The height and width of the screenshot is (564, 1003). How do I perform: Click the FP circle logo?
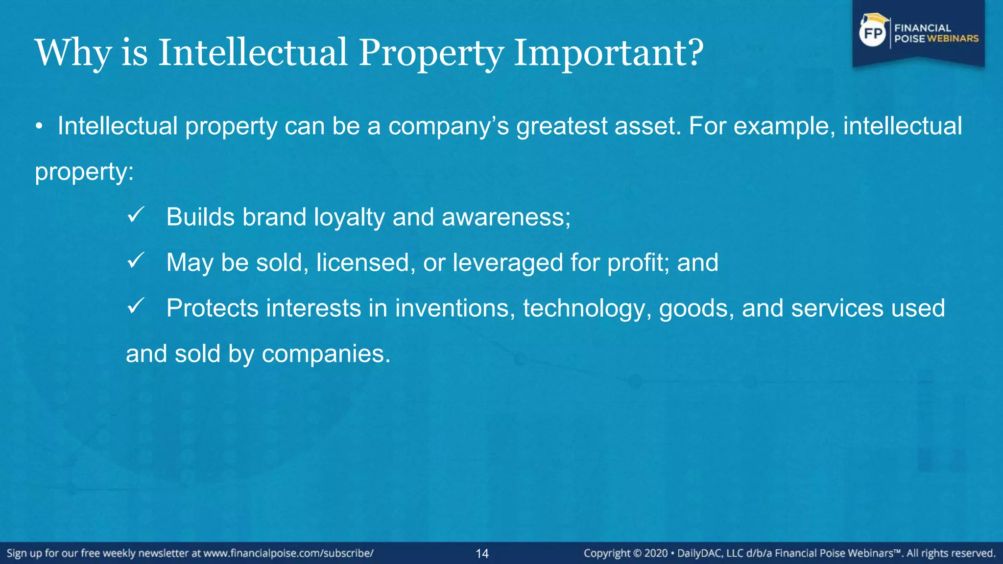click(873, 33)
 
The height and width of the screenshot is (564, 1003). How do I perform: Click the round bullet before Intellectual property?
click(39, 127)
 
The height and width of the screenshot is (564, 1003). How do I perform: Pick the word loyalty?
click(349, 217)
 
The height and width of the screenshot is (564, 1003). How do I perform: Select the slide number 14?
click(482, 554)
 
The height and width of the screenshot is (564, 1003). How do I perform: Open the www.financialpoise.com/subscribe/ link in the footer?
click(288, 553)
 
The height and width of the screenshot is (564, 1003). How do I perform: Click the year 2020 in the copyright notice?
click(656, 553)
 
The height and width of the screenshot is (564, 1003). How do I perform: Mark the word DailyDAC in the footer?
click(699, 553)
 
